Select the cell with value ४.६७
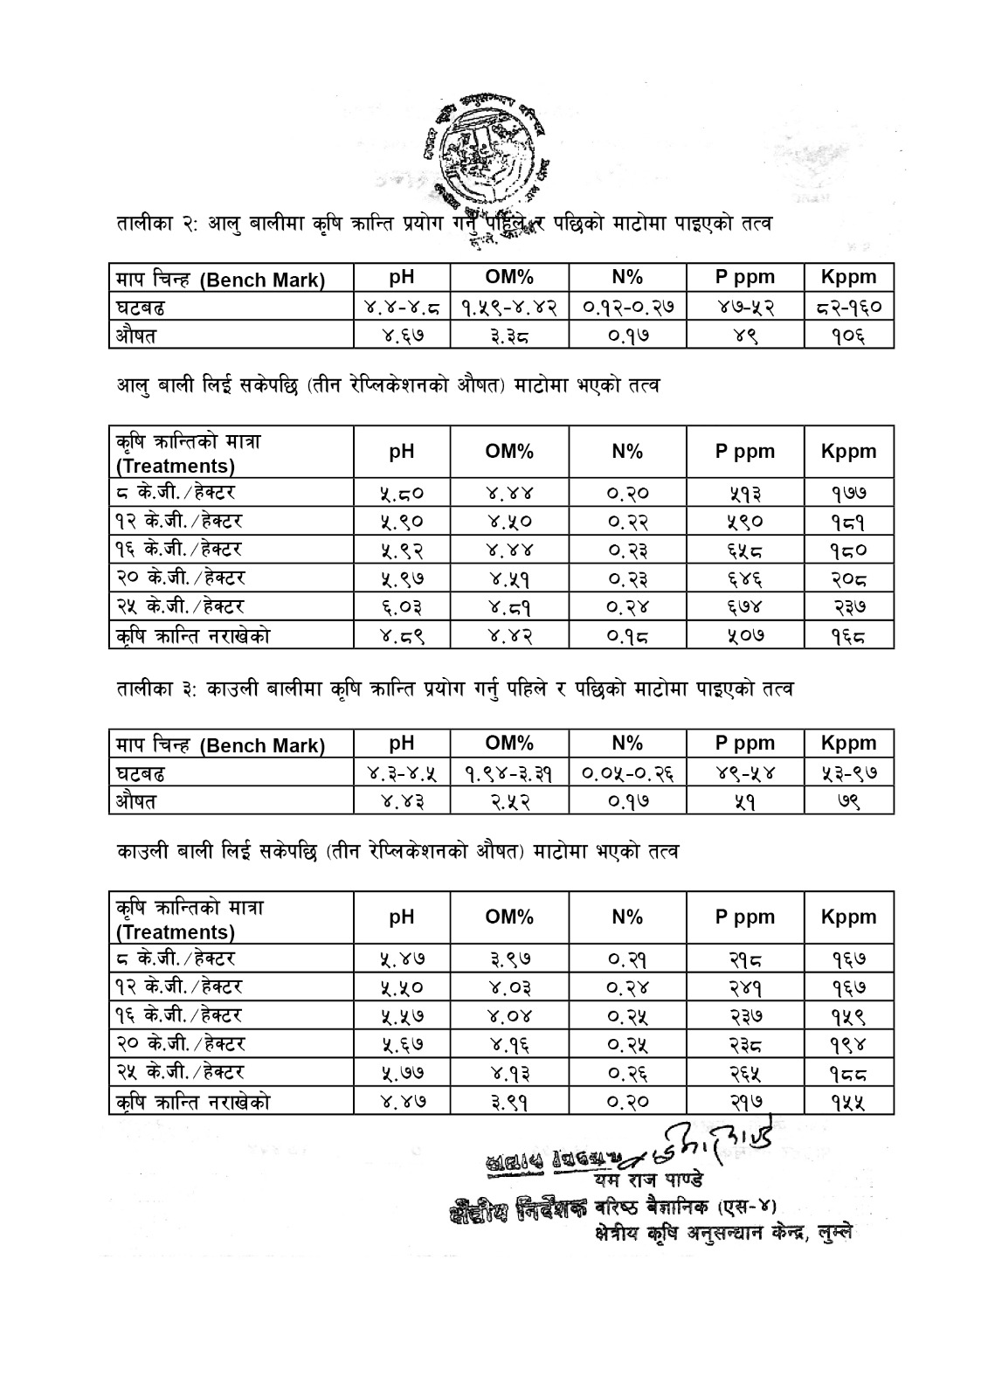pyautogui.click(x=401, y=335)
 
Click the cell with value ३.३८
pyautogui.click(x=509, y=335)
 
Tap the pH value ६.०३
pyautogui.click(x=401, y=606)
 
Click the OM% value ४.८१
pyautogui.click(x=509, y=606)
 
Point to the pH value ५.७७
pyautogui.click(x=401, y=1072)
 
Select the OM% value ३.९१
pyautogui.click(x=509, y=1101)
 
